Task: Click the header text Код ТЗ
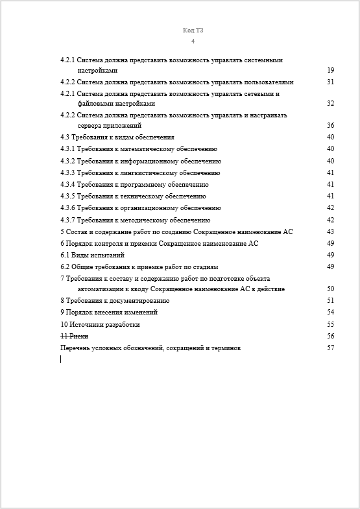pos(193,30)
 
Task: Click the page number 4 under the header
pos(193,41)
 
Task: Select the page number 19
pos(330,70)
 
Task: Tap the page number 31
pos(330,82)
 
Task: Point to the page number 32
pos(330,103)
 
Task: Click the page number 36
pos(330,125)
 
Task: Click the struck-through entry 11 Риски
pos(74,336)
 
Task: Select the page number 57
pos(330,348)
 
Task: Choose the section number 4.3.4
pos(68,184)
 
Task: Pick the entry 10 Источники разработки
pos(100,324)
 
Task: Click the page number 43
pos(330,231)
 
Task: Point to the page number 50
pos(330,289)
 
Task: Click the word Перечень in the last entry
pos(74,348)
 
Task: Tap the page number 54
pos(330,313)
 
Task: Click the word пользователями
pos(267,82)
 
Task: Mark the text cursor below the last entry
pos(61,359)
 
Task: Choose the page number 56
pos(330,336)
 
